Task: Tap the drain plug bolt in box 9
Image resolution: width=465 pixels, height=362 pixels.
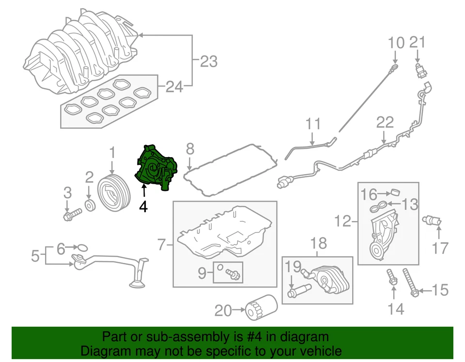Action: (x=234, y=275)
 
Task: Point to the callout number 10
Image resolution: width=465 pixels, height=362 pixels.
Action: (x=396, y=43)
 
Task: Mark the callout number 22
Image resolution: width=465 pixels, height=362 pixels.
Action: (x=385, y=123)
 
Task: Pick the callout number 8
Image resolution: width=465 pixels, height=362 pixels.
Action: (x=190, y=148)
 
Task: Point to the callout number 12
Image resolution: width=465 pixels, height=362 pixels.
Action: (x=343, y=222)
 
